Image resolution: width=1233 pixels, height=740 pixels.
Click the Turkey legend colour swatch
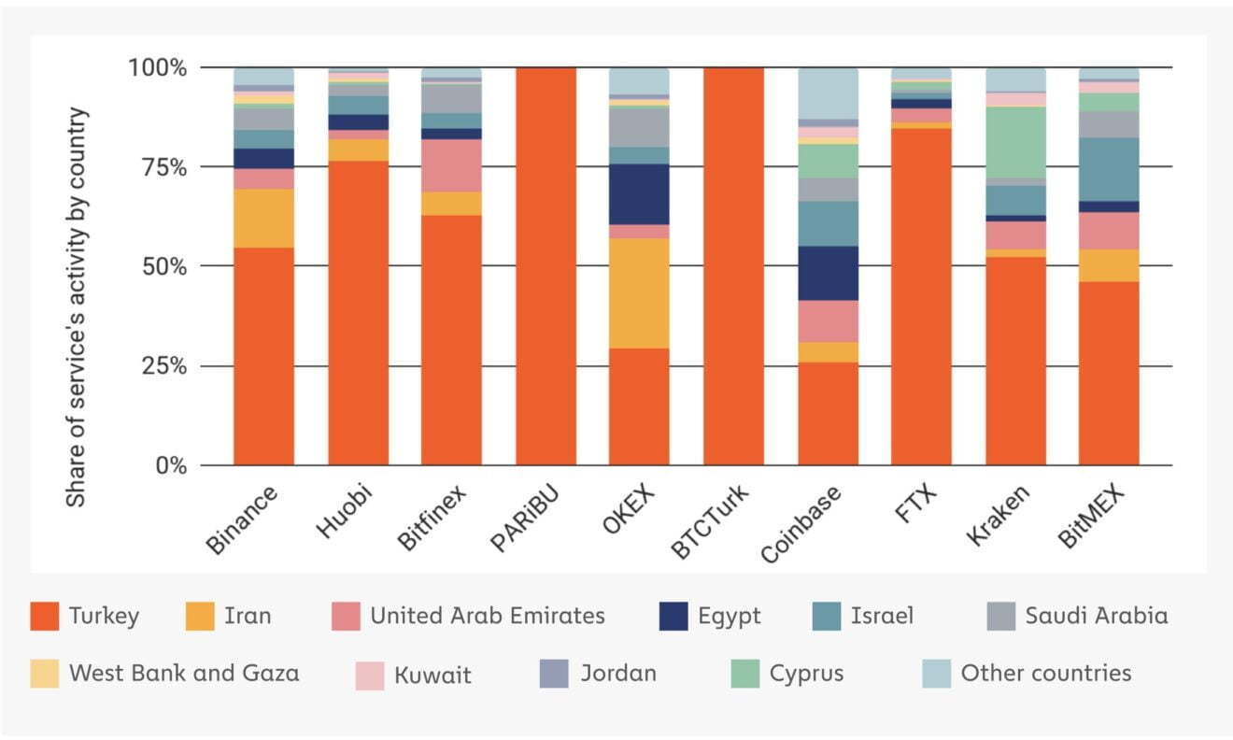[x=45, y=616]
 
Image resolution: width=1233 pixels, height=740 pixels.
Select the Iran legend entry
[x=229, y=616]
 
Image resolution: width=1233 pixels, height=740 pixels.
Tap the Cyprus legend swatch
[x=744, y=674]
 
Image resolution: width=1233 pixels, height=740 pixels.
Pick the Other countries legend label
[x=1046, y=673]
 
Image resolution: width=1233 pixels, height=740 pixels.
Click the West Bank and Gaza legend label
[x=184, y=673]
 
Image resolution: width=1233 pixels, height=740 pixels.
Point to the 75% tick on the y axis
[x=164, y=167]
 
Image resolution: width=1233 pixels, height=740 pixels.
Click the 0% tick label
[x=171, y=466]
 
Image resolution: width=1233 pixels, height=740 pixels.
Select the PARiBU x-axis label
[x=525, y=517]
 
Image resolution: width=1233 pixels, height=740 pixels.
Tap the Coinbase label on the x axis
[x=801, y=525]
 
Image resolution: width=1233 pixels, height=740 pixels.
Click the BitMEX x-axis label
[x=1091, y=516]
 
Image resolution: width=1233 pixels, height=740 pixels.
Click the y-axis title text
[x=76, y=307]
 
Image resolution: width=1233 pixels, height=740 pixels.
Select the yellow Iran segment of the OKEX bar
[x=639, y=293]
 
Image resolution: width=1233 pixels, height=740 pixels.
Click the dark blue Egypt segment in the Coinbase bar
[x=828, y=273]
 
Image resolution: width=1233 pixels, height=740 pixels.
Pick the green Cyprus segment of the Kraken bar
[x=1015, y=143]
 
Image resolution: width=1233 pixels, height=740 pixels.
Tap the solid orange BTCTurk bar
[x=734, y=266]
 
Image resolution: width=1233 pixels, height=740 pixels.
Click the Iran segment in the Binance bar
[x=263, y=219]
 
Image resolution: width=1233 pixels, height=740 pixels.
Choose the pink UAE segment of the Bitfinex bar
[x=451, y=165]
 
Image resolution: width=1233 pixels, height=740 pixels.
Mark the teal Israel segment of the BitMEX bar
[x=1109, y=170]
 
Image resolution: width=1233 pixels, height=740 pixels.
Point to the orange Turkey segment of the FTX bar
[x=921, y=297]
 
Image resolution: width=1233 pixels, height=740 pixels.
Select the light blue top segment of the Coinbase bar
[x=828, y=93]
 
